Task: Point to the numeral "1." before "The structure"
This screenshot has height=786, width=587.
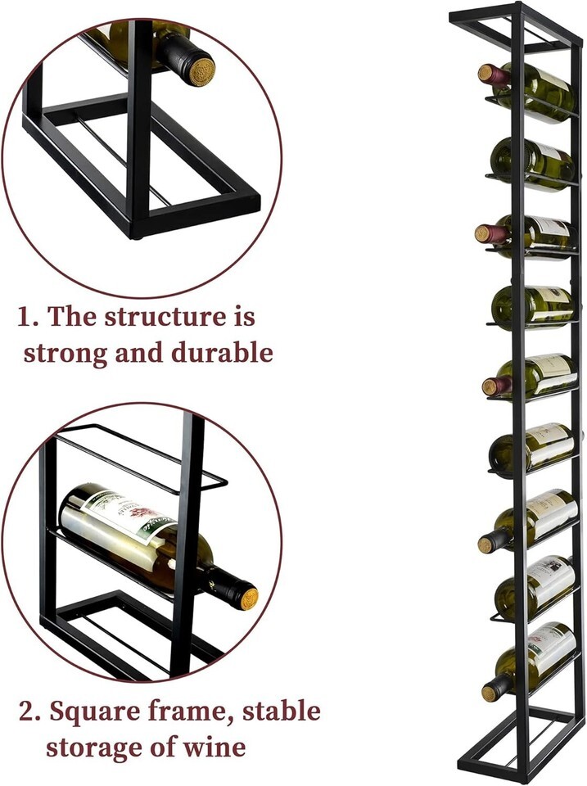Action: coord(28,317)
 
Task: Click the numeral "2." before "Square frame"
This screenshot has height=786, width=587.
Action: coord(30,711)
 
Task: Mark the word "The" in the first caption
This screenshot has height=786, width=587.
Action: coord(70,317)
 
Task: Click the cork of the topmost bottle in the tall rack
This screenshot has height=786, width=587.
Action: coord(485,73)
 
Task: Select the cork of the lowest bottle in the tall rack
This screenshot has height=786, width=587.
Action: coord(490,693)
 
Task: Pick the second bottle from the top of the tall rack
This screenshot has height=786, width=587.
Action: coord(532,164)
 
